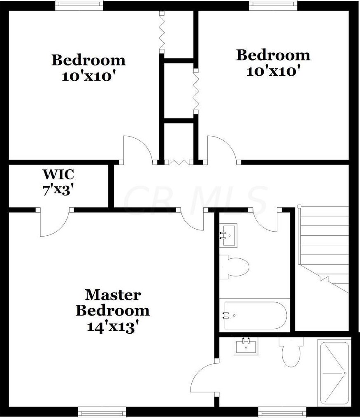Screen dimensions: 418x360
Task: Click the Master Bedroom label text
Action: pos(112,302)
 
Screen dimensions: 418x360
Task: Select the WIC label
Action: pos(58,174)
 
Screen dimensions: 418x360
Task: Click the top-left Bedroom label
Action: pos(88,60)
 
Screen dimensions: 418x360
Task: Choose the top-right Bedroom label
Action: pos(273,55)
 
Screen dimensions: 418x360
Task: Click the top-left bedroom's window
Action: pos(79,5)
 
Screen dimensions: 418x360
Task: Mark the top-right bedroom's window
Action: pos(273,5)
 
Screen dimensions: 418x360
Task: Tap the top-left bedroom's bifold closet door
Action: pos(162,32)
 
